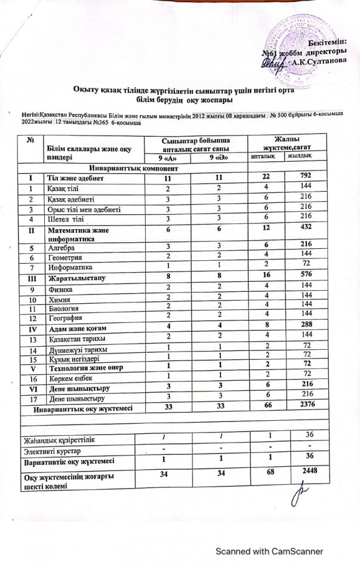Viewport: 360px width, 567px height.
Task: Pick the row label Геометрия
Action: [61, 256]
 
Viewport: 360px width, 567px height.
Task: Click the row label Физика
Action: [58, 288]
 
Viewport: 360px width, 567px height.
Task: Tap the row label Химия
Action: [57, 299]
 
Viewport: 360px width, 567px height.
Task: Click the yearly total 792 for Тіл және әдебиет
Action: [300, 178]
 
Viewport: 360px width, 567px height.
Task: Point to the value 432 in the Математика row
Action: [300, 229]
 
